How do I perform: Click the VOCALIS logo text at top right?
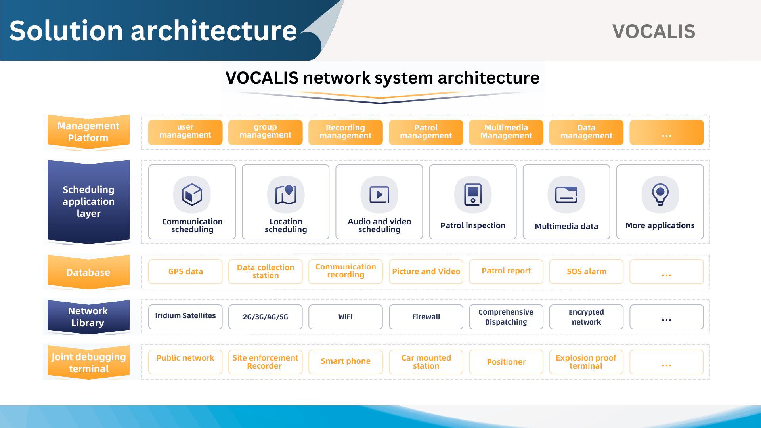pyautogui.click(x=654, y=31)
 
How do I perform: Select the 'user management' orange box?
pyautogui.click(x=185, y=132)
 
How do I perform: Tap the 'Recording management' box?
pyautogui.click(x=345, y=132)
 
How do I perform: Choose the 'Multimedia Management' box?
pyautogui.click(x=506, y=132)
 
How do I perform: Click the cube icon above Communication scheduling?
pyautogui.click(x=192, y=195)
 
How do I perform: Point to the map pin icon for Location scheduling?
pyautogui.click(x=286, y=194)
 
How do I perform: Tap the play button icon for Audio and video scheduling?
pyautogui.click(x=379, y=195)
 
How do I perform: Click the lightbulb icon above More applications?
pyautogui.click(x=660, y=194)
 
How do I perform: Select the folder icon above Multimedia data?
pyautogui.click(x=566, y=195)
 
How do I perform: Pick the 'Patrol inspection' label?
pyautogui.click(x=473, y=225)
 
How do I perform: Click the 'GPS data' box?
pyautogui.click(x=185, y=271)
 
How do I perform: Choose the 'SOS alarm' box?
pyautogui.click(x=586, y=271)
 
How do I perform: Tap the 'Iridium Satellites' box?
pyautogui.click(x=185, y=317)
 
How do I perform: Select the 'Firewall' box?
pyautogui.click(x=426, y=317)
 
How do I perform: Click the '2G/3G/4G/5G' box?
pyautogui.click(x=265, y=317)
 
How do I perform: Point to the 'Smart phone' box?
pyautogui.click(x=345, y=362)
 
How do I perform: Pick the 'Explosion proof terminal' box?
pyautogui.click(x=586, y=362)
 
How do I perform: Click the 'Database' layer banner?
pyautogui.click(x=88, y=272)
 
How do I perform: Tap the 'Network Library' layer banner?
pyautogui.click(x=88, y=317)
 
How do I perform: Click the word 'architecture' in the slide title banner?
pyautogui.click(x=214, y=31)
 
